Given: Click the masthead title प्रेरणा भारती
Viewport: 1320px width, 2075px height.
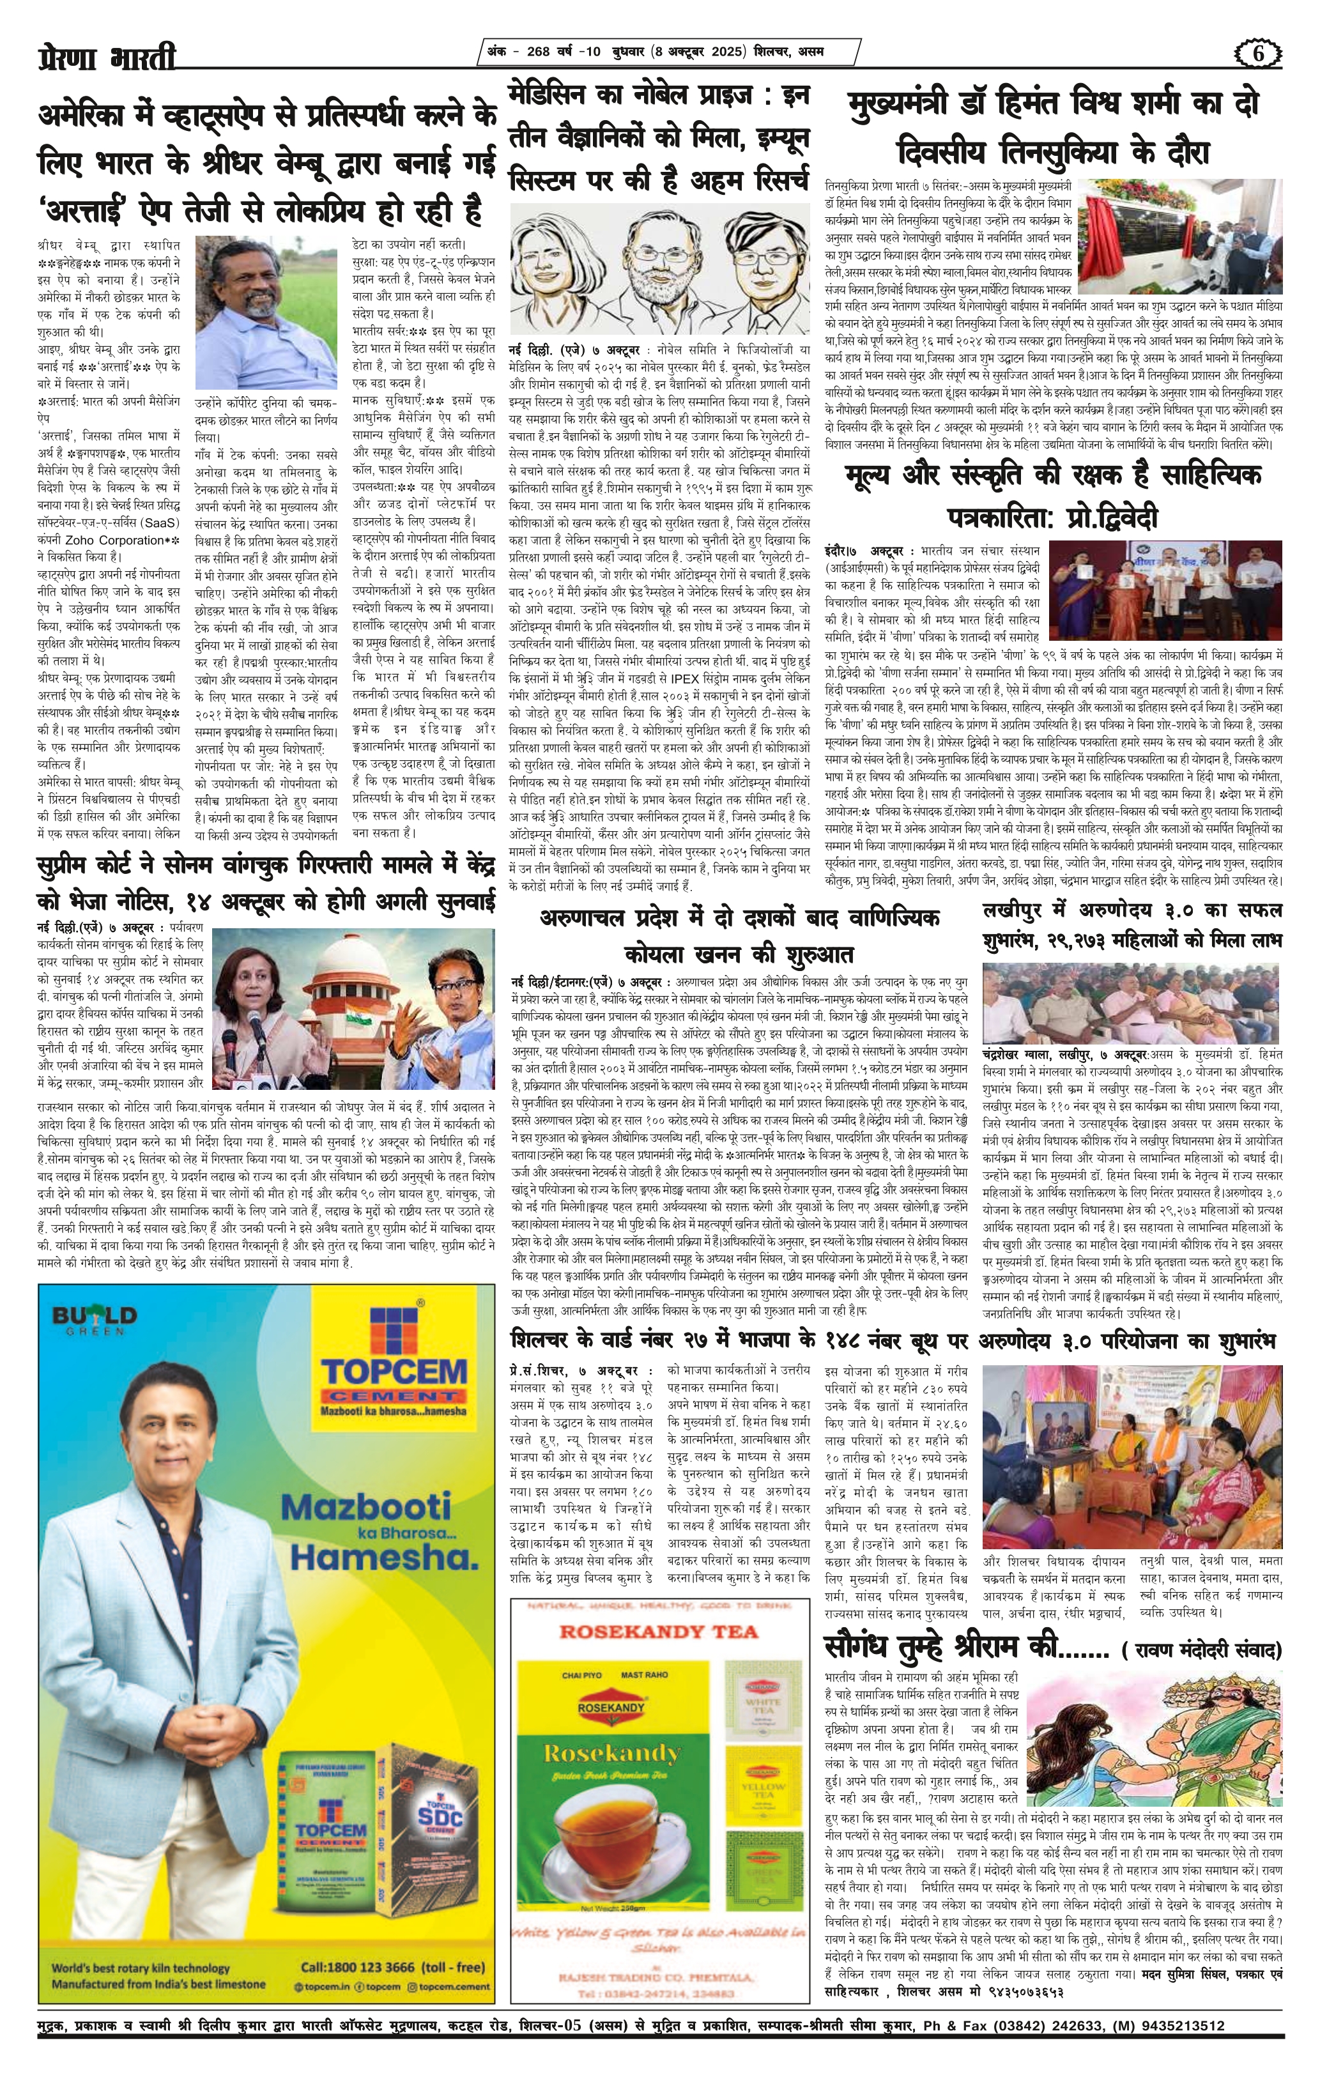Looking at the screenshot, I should [x=106, y=57].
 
